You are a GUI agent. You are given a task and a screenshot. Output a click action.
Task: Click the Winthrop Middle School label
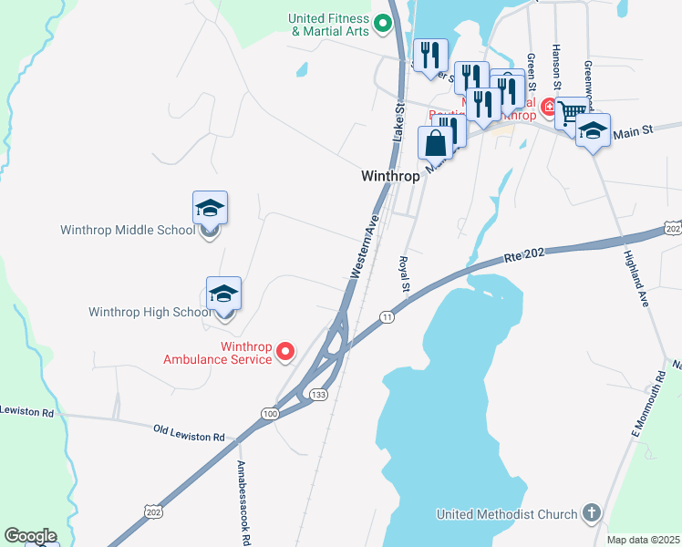[x=128, y=230]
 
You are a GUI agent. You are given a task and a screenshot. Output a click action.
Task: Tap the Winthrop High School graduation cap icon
[x=223, y=294]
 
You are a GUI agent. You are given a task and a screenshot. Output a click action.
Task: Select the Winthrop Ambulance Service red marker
[x=285, y=350]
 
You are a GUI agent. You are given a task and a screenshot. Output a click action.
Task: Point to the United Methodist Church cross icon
[x=591, y=513]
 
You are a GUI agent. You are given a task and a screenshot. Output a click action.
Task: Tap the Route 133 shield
[x=318, y=394]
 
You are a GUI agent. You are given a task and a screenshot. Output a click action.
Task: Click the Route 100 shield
[x=269, y=414]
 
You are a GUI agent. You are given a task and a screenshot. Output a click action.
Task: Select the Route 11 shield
[x=387, y=316]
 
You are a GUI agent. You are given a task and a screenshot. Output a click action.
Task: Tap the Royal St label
[x=403, y=274]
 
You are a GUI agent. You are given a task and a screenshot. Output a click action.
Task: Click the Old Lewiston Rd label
[x=189, y=432]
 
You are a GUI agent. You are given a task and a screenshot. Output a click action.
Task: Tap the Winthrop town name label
[x=389, y=176]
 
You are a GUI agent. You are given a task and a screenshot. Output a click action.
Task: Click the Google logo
[x=30, y=536]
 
